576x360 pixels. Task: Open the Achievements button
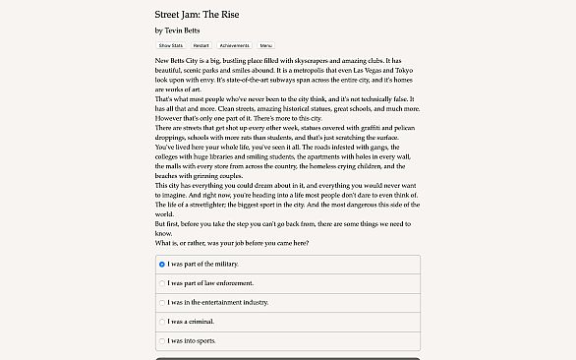234,45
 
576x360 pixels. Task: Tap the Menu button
265,45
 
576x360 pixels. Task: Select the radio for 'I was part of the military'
162,265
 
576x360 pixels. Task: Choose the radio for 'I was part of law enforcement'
162,283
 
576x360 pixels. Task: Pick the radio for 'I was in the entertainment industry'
162,302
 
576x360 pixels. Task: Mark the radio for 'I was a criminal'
162,322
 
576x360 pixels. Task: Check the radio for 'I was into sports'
162,340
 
